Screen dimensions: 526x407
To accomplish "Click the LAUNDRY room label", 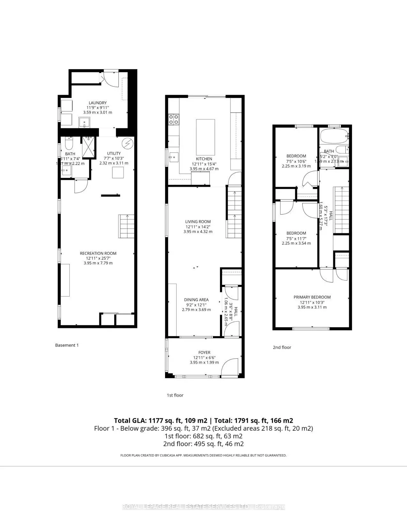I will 97,103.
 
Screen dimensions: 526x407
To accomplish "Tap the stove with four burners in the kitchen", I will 173,120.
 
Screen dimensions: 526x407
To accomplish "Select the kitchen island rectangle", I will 205,137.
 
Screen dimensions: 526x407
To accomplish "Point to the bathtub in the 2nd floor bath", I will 334,136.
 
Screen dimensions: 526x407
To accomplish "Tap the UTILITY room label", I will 114,153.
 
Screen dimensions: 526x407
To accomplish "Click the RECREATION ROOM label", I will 98,253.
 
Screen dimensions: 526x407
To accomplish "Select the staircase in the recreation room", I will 127,226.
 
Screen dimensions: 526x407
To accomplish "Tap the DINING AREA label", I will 196,300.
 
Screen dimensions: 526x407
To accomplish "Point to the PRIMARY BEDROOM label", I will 312,297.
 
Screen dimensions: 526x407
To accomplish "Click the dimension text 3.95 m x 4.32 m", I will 198,232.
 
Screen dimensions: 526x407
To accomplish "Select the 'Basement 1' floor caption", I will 67,345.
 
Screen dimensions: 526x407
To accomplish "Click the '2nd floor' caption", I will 282,347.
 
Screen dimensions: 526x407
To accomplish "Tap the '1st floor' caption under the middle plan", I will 175,395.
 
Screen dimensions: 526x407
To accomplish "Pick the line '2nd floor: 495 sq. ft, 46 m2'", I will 204,444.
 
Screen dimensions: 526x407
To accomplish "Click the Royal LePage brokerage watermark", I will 203,507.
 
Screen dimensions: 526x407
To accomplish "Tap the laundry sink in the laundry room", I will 85,122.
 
